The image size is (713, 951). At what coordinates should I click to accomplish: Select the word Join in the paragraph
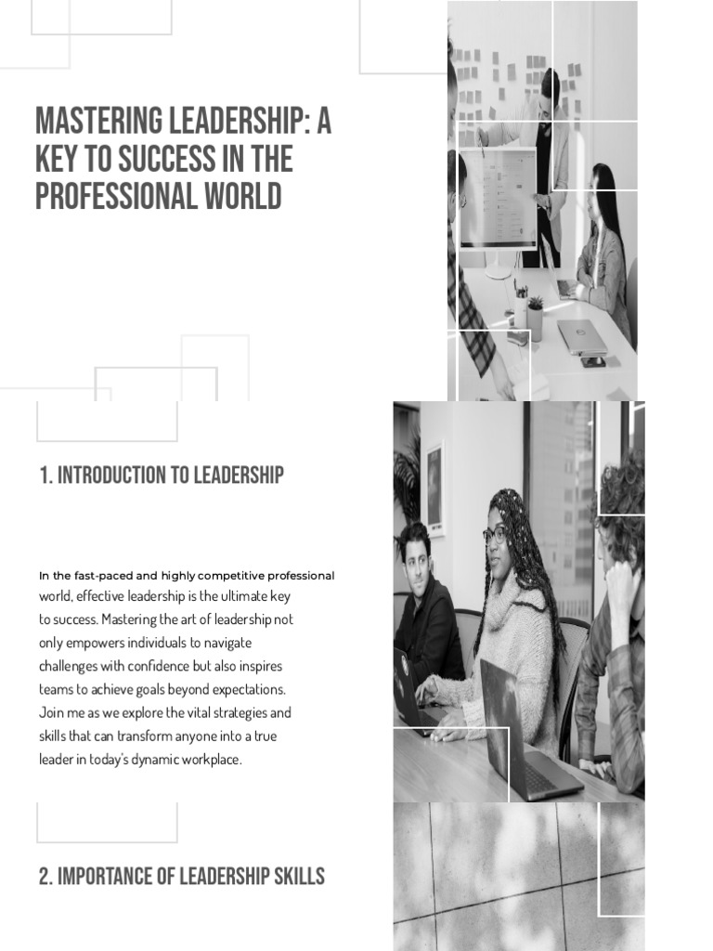pos(52,713)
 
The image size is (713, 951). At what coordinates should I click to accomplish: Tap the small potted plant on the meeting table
pos(536,316)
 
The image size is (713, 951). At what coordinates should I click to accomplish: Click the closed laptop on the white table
pos(582,336)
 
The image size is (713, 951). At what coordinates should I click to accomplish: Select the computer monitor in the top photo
pos(499,200)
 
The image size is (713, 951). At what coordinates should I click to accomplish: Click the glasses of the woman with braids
pos(494,536)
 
